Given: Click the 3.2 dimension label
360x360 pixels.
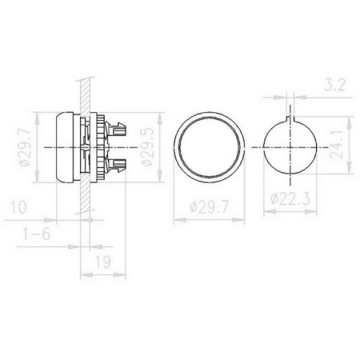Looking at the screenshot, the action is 335,85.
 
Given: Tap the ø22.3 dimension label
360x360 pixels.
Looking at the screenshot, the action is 290,199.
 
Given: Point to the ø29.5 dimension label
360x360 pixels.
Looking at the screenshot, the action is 147,147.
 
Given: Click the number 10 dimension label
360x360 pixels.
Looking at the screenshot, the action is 19,207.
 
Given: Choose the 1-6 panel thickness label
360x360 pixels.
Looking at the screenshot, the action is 36,234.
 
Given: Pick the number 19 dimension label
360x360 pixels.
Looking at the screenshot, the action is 103,261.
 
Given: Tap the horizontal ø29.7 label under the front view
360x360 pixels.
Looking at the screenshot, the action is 208,207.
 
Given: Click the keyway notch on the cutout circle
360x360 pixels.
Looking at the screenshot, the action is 290,118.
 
